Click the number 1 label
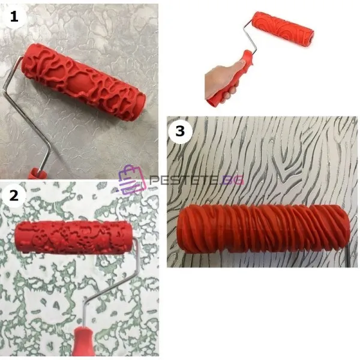pos(14,17)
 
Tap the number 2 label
pos(14,196)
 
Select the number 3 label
pos(180,131)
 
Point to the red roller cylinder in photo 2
pos(74,237)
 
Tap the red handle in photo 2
pos(83,343)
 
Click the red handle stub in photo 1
pos(37,173)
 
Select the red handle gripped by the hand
pos(230,78)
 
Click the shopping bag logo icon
pos(132,179)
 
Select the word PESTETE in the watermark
pos(184,180)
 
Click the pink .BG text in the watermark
pos(231,181)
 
